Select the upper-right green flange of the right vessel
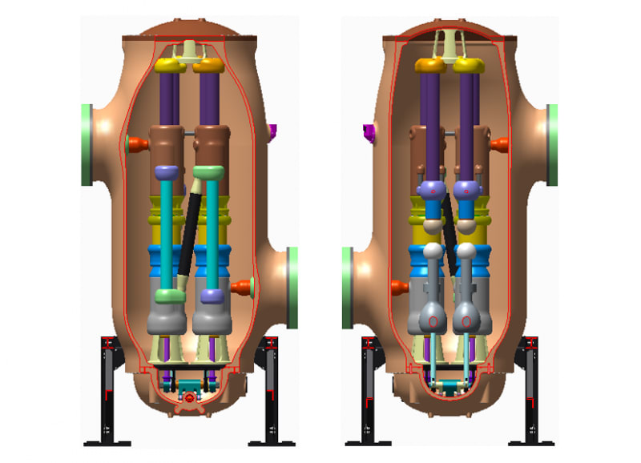click(x=552, y=145)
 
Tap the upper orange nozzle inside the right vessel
click(x=499, y=145)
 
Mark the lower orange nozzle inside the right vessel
click(x=397, y=286)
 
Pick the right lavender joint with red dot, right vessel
click(x=466, y=191)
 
